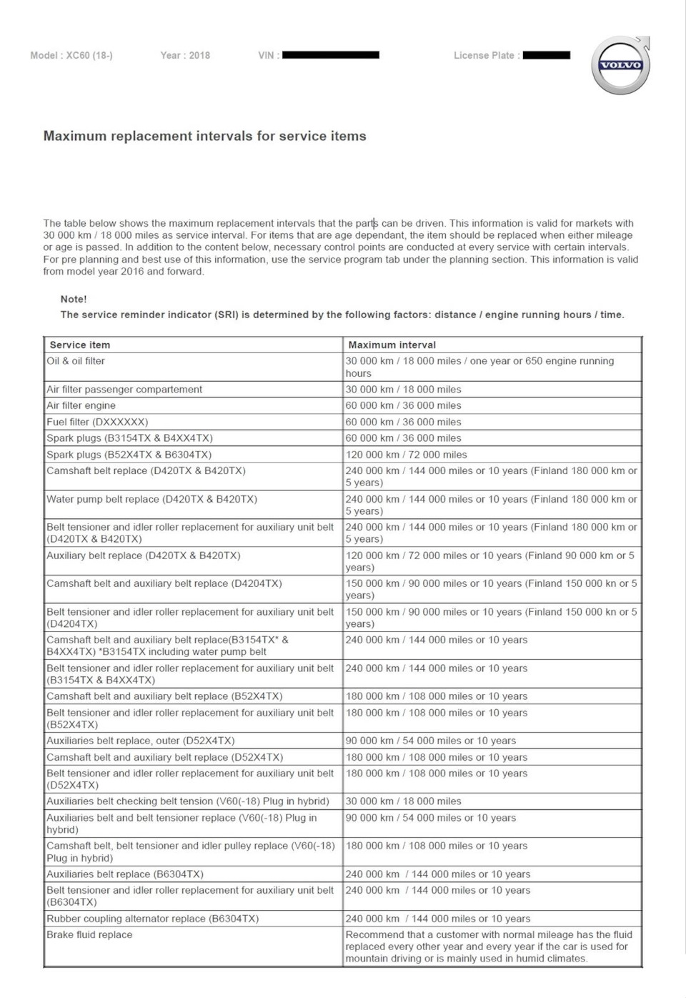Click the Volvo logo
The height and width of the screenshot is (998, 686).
pos(620,66)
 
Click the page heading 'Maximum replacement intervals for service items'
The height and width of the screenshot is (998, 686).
pos(204,136)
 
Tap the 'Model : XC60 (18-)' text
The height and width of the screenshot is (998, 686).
pos(71,55)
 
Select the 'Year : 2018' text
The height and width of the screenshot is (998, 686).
pos(185,55)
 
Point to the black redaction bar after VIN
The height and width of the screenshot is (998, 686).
pos(331,54)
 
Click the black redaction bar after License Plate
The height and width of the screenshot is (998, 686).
pos(547,55)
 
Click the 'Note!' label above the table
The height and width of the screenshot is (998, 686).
pos(74,299)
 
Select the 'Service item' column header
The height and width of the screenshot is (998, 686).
pos(80,345)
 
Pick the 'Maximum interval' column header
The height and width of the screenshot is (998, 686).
pos(392,345)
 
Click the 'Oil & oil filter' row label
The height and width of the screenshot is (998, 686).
pos(76,361)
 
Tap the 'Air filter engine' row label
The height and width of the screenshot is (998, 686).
pos(81,405)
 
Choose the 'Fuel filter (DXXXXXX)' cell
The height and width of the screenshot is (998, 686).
pos(97,422)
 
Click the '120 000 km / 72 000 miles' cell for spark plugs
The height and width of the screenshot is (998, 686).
pos(406,455)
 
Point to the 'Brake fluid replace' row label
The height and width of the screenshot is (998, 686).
pos(89,934)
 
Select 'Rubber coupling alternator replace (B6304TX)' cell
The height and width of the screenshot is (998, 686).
pos(152,919)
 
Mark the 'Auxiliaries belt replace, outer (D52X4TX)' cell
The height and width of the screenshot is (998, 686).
pos(140,741)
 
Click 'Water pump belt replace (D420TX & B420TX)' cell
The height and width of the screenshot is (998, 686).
pos(151,499)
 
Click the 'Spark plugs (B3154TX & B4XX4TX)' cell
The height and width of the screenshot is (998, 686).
pos(129,438)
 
